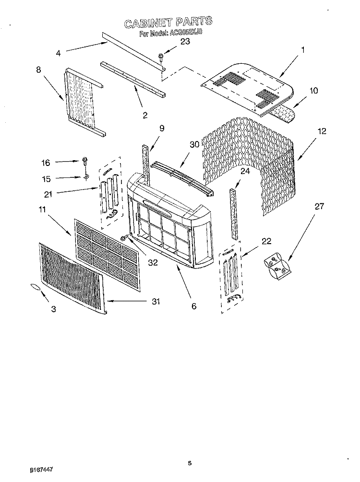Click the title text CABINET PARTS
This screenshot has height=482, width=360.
coord(167,23)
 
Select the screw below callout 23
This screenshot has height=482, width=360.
coord(161,59)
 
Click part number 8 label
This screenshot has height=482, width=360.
coord(38,69)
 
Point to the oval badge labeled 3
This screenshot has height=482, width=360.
coord(36,286)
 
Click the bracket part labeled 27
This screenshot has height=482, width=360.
coord(277,265)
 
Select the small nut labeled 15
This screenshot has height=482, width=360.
coord(86,178)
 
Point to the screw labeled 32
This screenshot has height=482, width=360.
coord(124,237)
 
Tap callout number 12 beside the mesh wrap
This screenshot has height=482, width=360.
coord(321,130)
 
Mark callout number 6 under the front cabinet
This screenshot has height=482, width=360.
coord(194,306)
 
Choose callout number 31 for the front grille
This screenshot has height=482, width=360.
coord(155,302)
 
